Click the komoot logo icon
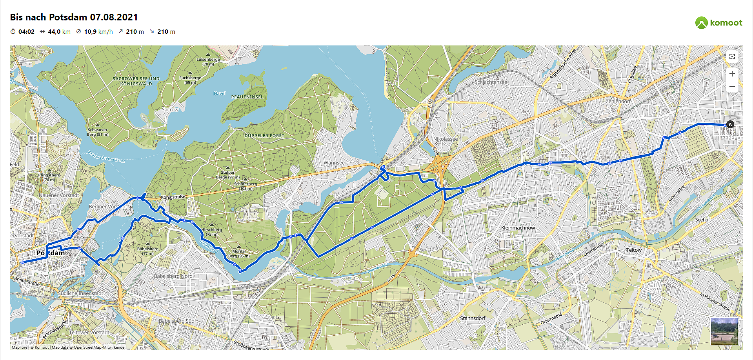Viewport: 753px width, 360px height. (701, 23)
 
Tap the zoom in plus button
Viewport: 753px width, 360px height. (732, 74)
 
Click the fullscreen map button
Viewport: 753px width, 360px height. (732, 56)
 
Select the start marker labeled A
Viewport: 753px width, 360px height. (730, 124)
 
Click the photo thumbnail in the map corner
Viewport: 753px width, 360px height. (724, 331)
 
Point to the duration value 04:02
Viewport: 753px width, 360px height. (26, 32)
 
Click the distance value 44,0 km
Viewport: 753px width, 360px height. (59, 32)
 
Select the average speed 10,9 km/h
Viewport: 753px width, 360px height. (98, 32)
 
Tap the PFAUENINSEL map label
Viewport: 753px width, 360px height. (247, 97)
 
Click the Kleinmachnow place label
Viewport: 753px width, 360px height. (518, 228)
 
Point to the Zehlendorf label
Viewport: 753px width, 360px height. (618, 101)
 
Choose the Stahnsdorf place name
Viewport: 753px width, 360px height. (473, 318)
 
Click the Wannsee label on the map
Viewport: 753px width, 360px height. (334, 163)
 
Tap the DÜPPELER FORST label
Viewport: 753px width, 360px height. (264, 136)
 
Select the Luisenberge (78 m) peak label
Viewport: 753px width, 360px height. (208, 62)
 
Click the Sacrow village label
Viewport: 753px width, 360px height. (170, 110)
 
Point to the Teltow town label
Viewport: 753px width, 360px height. (634, 250)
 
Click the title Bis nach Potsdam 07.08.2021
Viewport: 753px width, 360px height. (74, 17)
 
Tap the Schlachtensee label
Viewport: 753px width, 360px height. (491, 82)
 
